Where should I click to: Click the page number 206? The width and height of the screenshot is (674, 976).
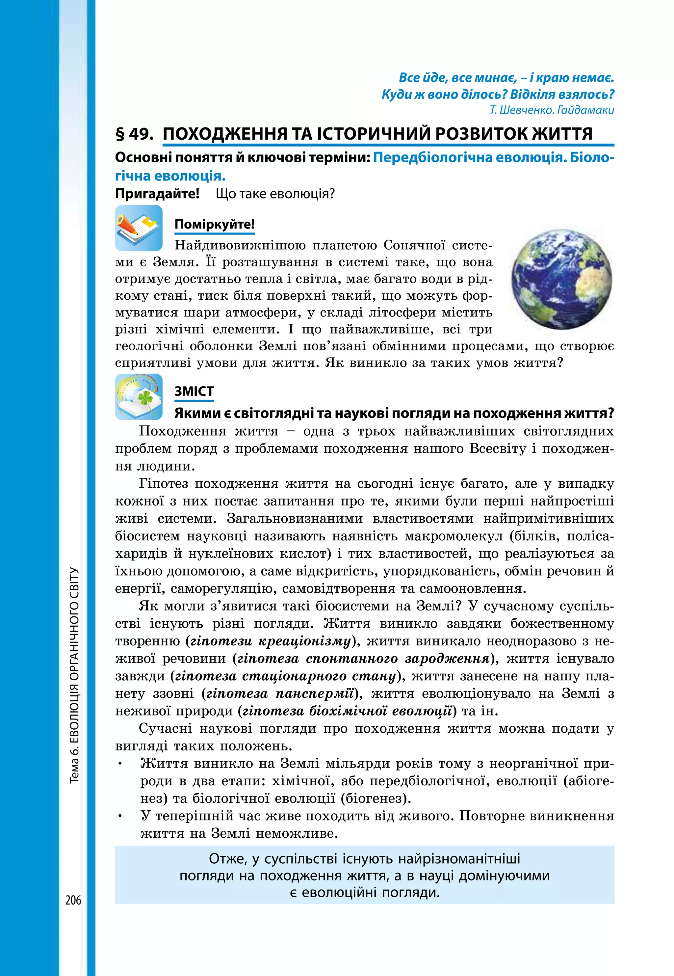tap(73, 900)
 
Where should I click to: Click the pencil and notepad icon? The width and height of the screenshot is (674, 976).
tap(139, 228)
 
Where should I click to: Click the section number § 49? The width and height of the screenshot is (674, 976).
tap(134, 134)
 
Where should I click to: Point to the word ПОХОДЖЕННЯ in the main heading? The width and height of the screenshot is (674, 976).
tap(225, 134)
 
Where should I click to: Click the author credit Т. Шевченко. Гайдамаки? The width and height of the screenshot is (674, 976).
tap(552, 110)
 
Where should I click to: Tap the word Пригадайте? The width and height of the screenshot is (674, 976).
tap(157, 194)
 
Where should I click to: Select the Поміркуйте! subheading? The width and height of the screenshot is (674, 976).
tap(215, 224)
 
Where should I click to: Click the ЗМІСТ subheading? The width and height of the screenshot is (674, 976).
tap(194, 392)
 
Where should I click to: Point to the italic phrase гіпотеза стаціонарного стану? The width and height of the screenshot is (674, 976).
tap(285, 676)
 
